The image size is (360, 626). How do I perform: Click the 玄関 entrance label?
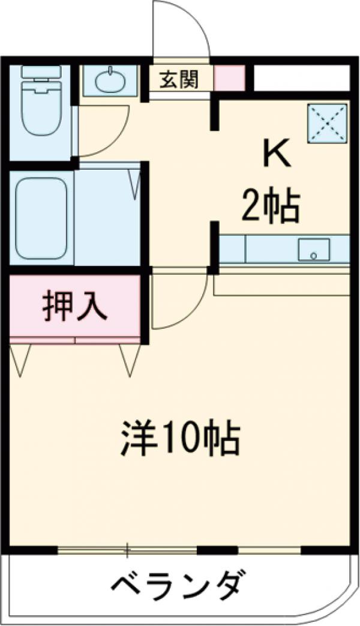pyautogui.click(x=178, y=79)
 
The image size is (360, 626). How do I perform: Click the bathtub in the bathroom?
pyautogui.click(x=41, y=217)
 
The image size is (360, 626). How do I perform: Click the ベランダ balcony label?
pyautogui.click(x=179, y=583)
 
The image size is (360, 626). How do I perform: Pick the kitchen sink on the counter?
pyautogui.click(x=314, y=250)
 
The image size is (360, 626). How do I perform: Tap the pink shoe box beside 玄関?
pyautogui.click(x=229, y=79)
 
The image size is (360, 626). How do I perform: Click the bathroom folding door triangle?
pyautogui.click(x=134, y=183)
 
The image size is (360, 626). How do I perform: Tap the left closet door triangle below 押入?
pyautogui.click(x=20, y=360)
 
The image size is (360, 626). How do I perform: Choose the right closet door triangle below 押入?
pyautogui.click(x=130, y=360)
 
